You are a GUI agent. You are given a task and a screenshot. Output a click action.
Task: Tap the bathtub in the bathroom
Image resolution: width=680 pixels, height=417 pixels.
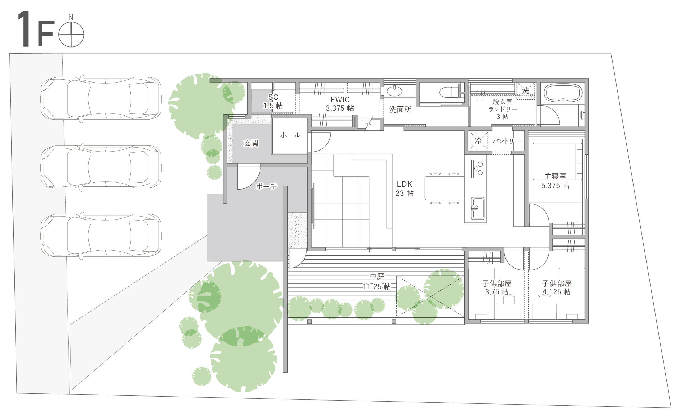click(563, 93)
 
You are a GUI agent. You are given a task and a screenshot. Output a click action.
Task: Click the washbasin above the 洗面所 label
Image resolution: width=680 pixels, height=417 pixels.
click(394, 91)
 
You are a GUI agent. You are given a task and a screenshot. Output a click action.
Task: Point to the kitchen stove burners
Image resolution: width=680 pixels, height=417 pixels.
click(478, 169)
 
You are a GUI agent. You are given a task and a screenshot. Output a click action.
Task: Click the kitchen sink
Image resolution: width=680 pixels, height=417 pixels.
click(477, 208)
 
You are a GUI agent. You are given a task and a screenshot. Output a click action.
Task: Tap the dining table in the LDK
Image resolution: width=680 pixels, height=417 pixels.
click(444, 188)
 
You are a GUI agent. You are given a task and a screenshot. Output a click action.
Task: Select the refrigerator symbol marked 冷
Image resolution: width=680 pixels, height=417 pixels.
click(479, 141)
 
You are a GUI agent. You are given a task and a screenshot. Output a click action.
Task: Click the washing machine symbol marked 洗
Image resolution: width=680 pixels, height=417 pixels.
click(525, 91)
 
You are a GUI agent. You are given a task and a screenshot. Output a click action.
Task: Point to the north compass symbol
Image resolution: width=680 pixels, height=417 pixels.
click(71, 32)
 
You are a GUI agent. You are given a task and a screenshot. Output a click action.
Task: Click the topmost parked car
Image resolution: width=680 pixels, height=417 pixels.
click(101, 98)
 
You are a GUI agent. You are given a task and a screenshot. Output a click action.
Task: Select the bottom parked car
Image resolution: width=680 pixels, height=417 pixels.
click(101, 235)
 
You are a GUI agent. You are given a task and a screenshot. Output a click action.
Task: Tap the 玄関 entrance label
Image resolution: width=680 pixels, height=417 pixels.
click(251, 143)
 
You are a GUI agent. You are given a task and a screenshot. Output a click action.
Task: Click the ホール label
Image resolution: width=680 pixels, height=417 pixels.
click(290, 135)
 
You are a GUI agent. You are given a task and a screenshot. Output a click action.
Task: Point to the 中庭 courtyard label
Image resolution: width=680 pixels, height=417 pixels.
click(377, 276)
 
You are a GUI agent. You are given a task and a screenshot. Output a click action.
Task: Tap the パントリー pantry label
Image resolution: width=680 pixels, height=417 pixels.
click(506, 141)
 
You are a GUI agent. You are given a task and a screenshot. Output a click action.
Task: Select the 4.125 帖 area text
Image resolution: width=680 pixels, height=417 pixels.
click(556, 292)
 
